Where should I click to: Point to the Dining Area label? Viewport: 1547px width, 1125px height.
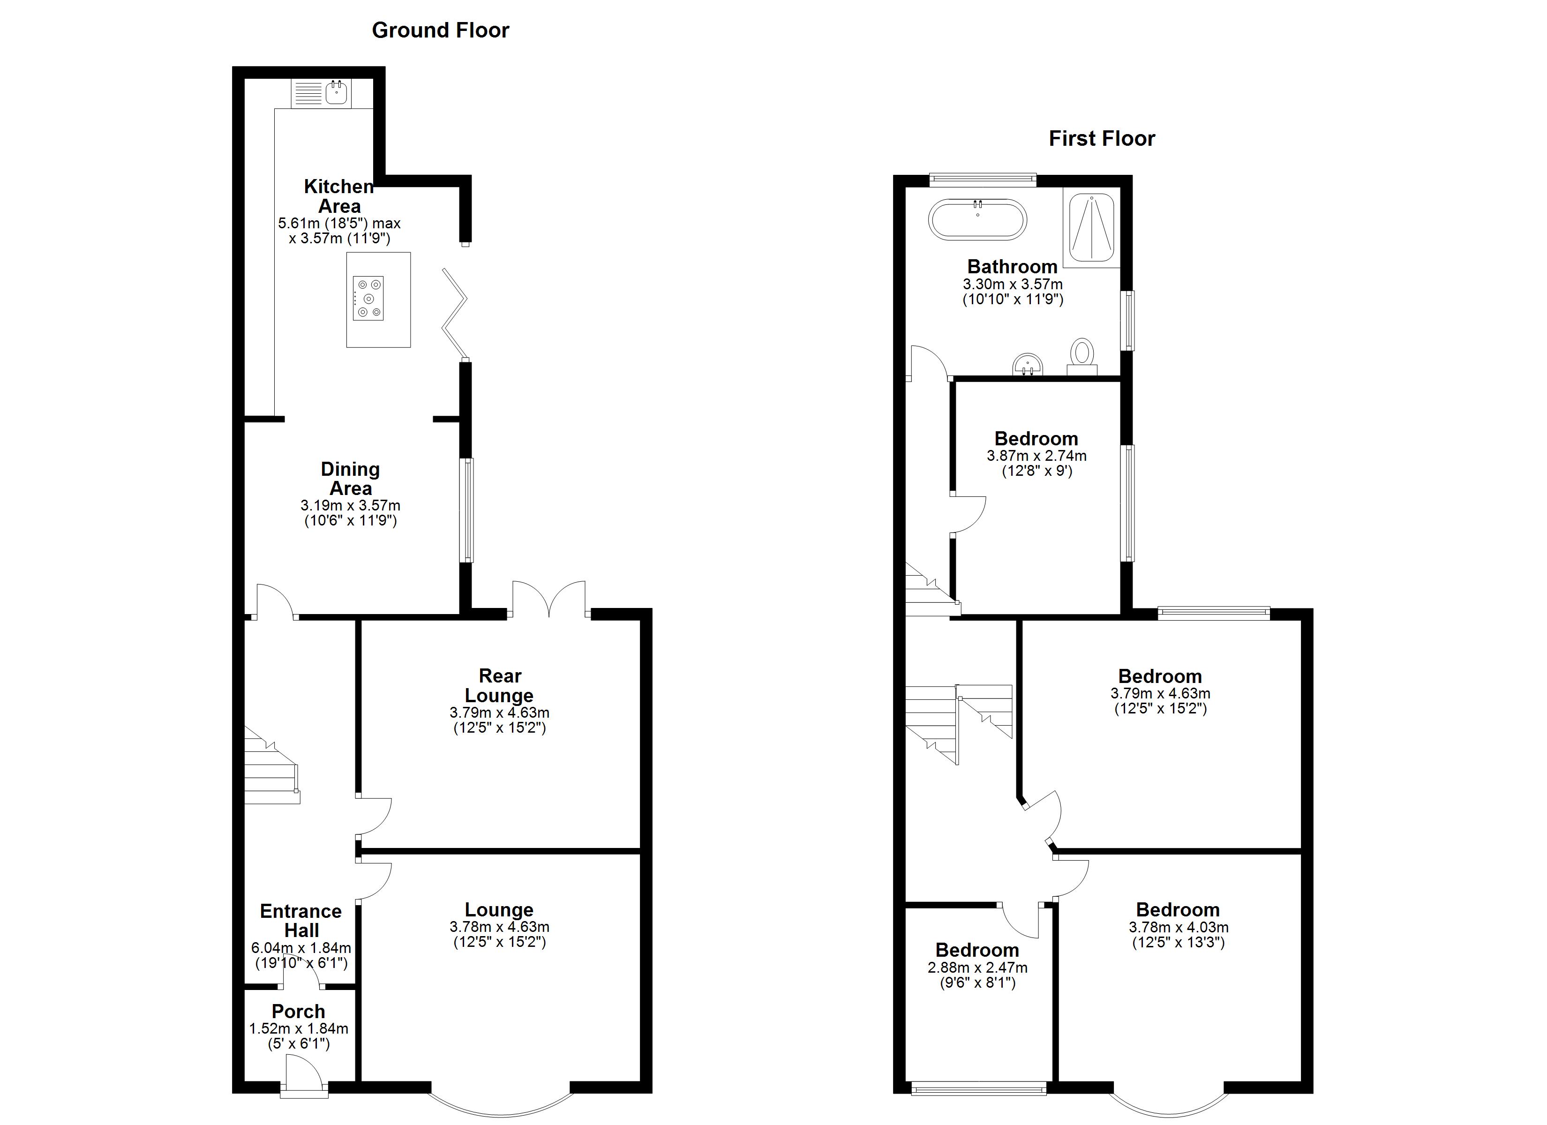[350, 479]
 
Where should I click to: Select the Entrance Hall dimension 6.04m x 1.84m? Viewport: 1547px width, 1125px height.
[301, 948]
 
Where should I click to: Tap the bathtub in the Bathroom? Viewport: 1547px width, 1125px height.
[977, 219]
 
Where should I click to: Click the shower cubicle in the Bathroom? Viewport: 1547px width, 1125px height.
[1091, 227]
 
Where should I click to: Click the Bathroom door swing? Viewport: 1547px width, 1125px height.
[928, 361]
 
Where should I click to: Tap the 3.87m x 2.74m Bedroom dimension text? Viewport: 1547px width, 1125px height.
[1036, 456]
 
